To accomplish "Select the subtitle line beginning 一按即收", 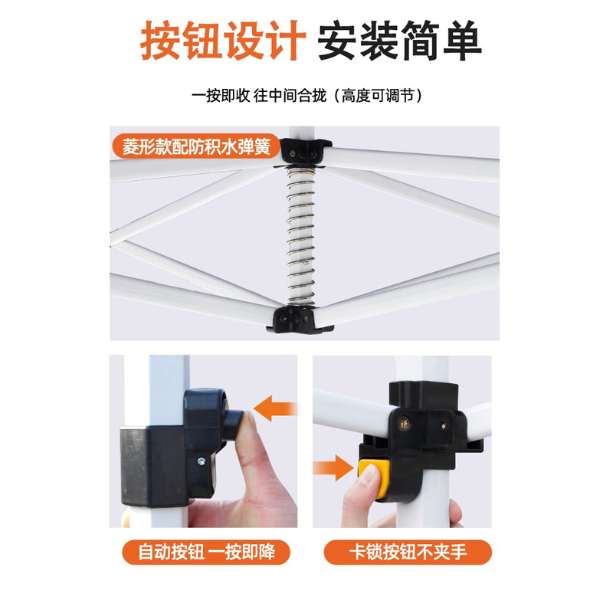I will [x=306, y=96].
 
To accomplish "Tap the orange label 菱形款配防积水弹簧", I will [x=196, y=146].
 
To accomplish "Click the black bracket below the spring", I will [x=300, y=317].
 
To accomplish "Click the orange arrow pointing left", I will [x=275, y=408].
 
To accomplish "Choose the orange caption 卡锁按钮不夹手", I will [x=407, y=551].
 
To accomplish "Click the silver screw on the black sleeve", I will [x=200, y=461].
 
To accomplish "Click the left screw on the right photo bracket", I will [x=404, y=419].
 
